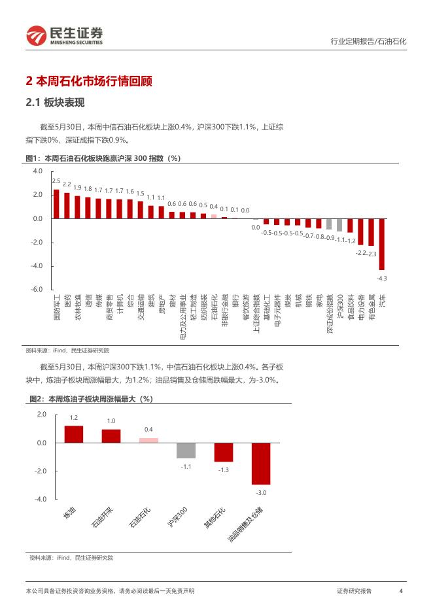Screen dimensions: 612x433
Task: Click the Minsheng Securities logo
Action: click(65, 36)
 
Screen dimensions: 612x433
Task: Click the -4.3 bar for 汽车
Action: click(381, 244)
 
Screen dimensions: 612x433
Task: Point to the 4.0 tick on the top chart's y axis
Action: click(38, 171)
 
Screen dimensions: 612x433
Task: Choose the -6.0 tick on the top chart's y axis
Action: click(37, 290)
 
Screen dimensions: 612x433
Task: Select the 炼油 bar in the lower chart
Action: click(74, 434)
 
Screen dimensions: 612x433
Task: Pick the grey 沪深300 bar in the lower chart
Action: click(186, 450)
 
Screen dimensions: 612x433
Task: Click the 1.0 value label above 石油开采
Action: click(111, 421)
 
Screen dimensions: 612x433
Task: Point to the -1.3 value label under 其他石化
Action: click(224, 470)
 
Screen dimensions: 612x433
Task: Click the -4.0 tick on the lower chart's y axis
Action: click(41, 500)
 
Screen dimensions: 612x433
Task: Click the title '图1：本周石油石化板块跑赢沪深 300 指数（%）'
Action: click(102, 158)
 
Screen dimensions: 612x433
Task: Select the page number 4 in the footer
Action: click(400, 591)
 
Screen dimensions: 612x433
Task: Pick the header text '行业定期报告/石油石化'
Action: click(367, 41)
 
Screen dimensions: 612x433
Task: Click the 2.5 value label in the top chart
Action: click(56, 181)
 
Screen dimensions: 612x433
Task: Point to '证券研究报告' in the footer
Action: click(354, 591)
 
